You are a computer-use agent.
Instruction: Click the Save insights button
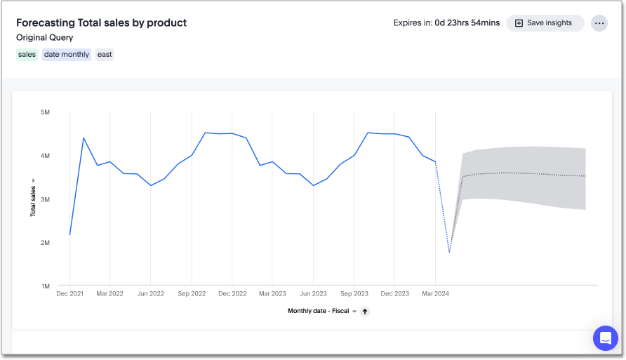545,23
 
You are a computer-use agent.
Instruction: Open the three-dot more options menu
599,23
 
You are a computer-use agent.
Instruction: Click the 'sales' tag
27,54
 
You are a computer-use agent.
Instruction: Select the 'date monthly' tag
67,54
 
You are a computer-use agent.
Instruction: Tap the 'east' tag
105,54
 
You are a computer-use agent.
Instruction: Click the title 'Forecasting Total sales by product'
101,22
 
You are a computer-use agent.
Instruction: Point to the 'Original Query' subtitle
44,37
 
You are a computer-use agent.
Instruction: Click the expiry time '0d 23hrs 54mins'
467,23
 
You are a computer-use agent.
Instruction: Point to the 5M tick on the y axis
45,112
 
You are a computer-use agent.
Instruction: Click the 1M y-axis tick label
45,286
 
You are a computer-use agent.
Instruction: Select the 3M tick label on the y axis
45,199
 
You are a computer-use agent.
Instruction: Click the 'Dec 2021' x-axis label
69,294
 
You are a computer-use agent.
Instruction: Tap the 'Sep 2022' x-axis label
192,294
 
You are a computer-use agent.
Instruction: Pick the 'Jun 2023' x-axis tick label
313,294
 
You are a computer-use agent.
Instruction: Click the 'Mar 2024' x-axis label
435,294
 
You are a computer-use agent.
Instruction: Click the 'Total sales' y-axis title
33,199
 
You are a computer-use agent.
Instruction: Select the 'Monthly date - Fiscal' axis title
318,311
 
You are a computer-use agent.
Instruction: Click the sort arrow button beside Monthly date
365,311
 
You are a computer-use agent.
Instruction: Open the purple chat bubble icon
605,338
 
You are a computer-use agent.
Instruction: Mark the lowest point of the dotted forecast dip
449,252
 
